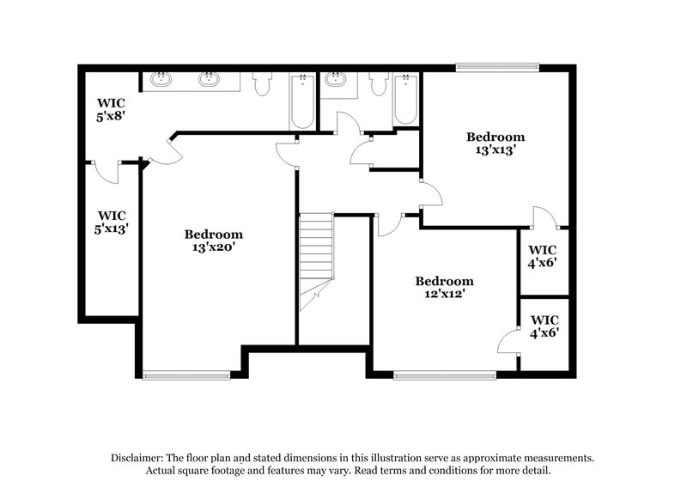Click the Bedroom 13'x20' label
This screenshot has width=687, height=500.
[x=214, y=241]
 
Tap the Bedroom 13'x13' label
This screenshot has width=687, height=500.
[x=495, y=143]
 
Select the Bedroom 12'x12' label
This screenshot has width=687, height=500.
[x=444, y=288]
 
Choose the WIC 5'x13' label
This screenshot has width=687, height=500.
[x=112, y=223]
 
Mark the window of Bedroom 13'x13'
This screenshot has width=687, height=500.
[x=497, y=65]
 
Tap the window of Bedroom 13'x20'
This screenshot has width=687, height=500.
[x=186, y=374]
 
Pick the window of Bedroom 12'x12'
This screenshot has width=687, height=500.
[x=445, y=374]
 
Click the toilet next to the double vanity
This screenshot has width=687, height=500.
[x=263, y=84]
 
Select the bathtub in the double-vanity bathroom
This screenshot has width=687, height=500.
[x=302, y=103]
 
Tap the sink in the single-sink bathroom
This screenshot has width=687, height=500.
[x=337, y=81]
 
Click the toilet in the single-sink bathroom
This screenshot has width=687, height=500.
[x=379, y=85]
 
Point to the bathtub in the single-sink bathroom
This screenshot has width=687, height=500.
[x=405, y=101]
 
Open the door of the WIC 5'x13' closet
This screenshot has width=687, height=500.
[x=106, y=171]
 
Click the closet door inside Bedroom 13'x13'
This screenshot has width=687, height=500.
[x=544, y=218]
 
